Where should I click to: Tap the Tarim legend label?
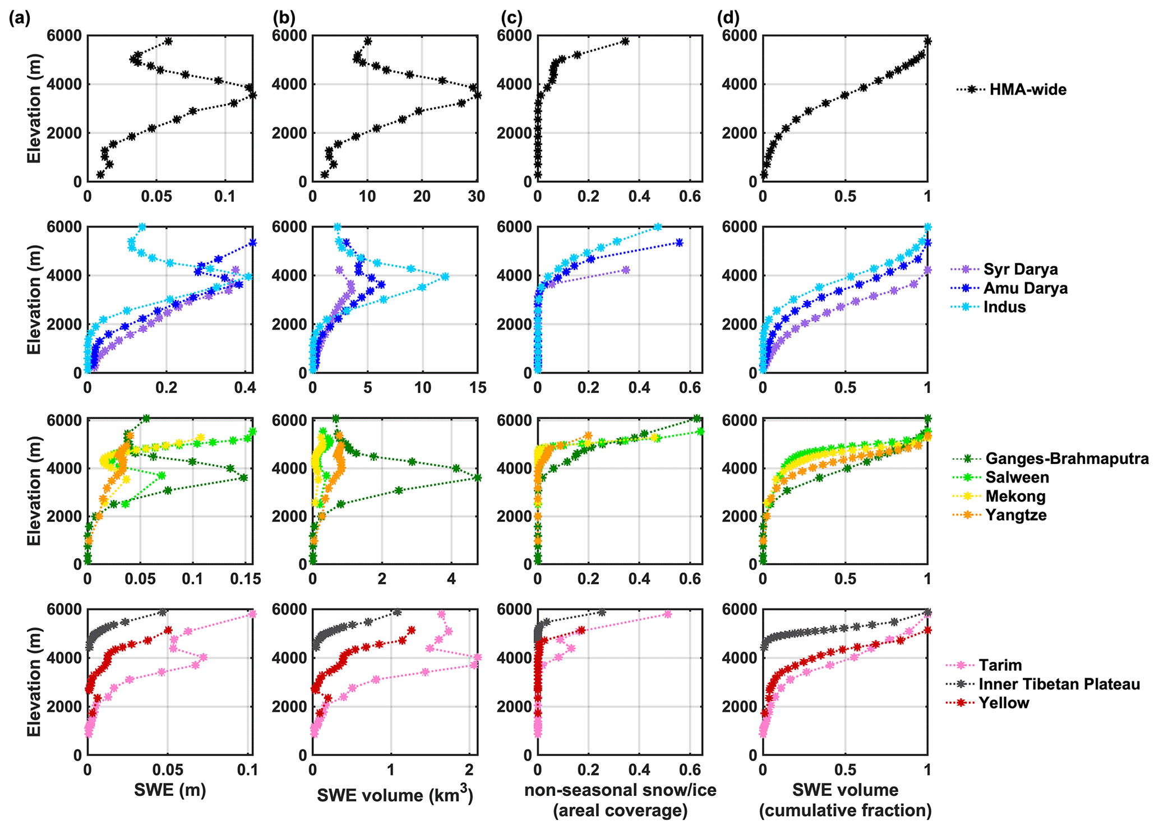tap(1000, 665)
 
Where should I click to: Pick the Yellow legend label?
tap(1004, 703)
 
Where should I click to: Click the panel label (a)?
tap(20, 18)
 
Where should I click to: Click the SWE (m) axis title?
tap(170, 791)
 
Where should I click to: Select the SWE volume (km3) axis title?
tap(396, 795)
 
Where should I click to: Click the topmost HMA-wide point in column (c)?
tap(625, 41)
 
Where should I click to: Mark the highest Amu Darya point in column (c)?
tap(679, 243)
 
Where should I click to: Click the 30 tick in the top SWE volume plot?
tap(477, 196)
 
